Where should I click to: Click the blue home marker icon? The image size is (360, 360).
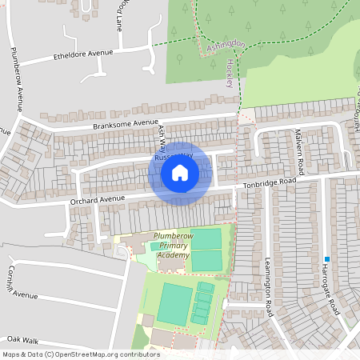point(180,173)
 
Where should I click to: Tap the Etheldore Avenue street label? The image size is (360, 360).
point(84,54)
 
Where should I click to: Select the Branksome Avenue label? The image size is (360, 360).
point(126,124)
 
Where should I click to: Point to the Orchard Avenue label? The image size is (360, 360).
point(98,198)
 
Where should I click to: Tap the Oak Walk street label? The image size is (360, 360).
point(22,340)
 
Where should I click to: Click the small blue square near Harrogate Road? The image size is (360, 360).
point(327,259)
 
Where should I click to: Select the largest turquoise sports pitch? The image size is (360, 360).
point(174,303)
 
